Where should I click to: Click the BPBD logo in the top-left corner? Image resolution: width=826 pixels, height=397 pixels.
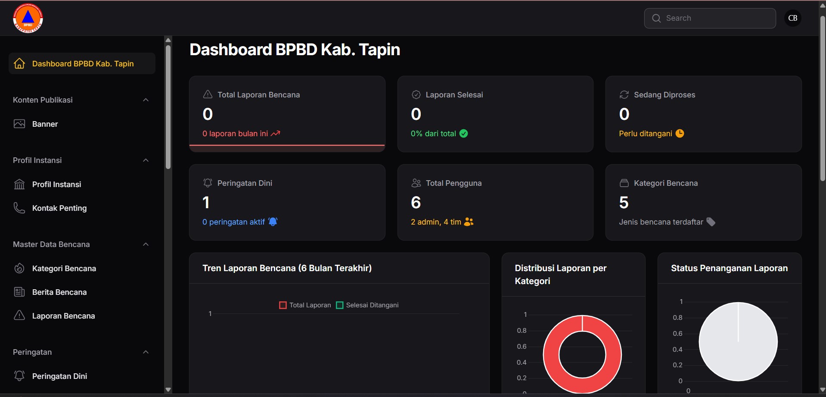point(28,18)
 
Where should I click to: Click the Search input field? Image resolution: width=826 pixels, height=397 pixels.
point(715,18)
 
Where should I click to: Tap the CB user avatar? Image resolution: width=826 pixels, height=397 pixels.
point(792,18)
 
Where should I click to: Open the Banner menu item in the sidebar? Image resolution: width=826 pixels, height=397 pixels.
point(45,124)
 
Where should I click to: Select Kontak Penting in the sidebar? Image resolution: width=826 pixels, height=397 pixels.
point(59,208)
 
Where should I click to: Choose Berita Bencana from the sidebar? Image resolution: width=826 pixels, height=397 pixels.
point(59,292)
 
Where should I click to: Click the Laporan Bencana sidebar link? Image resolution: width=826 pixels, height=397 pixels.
point(63,316)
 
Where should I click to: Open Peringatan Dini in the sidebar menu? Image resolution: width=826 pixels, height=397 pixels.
point(59,376)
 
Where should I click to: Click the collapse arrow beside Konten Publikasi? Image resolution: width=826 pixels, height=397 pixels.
point(146,100)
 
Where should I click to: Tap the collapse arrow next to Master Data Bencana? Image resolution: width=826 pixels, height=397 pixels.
point(146,244)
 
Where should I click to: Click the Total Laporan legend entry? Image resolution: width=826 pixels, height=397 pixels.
point(305,305)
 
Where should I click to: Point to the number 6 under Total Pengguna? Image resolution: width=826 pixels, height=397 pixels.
point(416,203)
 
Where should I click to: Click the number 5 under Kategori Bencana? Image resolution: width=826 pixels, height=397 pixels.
point(624,203)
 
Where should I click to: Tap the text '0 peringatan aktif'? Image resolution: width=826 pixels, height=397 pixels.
point(233,222)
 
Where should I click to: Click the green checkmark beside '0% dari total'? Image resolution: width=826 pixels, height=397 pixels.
point(463,134)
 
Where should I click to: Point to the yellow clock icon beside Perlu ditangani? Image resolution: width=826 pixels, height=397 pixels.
point(680,134)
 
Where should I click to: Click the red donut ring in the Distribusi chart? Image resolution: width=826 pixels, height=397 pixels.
point(551,355)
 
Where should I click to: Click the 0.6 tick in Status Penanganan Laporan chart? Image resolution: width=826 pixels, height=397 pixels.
point(677,334)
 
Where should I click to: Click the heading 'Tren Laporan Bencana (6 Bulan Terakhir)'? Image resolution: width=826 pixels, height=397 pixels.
point(287,268)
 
